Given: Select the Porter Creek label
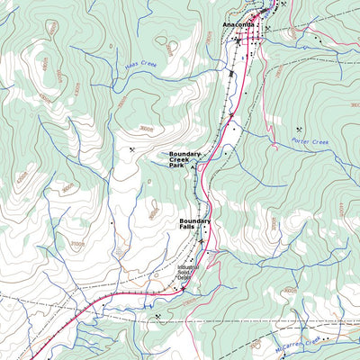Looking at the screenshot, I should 311,141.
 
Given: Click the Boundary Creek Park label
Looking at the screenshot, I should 186,159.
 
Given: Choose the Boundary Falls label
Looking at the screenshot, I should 194,223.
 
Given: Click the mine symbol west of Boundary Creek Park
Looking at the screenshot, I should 132,150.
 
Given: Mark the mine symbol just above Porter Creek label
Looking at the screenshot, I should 299,130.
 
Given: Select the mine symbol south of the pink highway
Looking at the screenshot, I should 157,316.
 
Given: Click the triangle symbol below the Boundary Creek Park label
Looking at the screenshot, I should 192,168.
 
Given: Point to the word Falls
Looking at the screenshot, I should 187,227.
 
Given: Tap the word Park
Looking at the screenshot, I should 176,166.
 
